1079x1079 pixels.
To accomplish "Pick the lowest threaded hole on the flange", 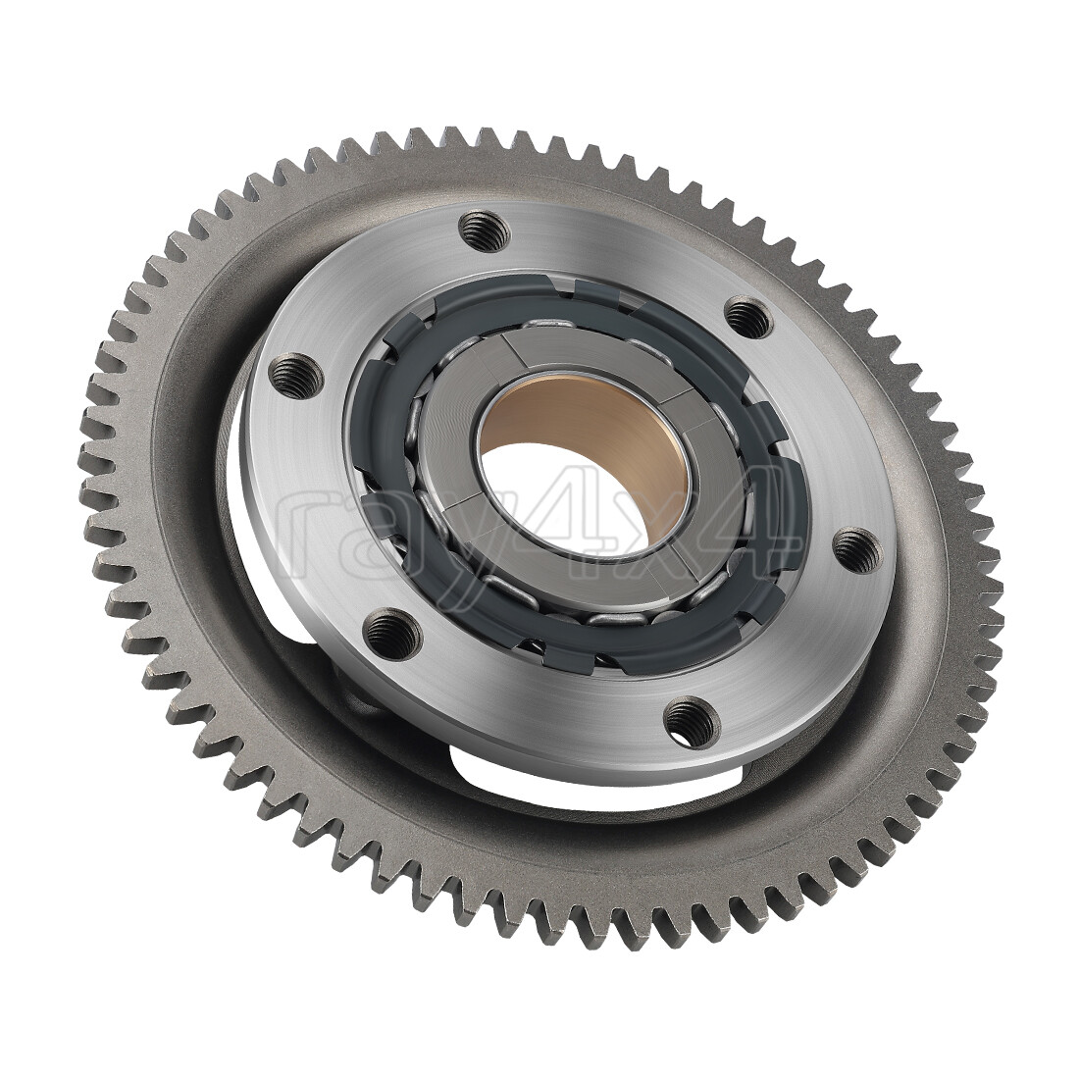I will (683, 722).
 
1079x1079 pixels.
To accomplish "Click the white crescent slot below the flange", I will (589, 775).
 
